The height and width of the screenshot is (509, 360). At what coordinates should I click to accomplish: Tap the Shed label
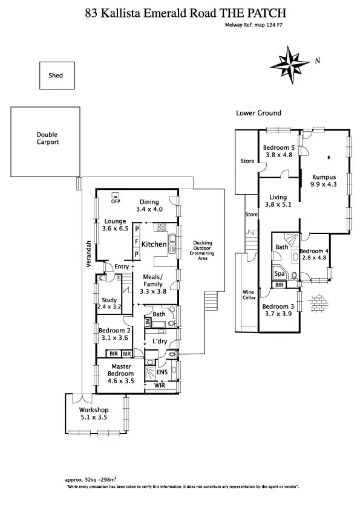(x=56, y=76)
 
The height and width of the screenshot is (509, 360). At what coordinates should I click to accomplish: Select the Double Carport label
(x=47, y=138)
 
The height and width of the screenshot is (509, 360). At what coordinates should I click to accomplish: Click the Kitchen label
(x=154, y=244)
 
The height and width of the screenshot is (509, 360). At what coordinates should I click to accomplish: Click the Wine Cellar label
(x=249, y=295)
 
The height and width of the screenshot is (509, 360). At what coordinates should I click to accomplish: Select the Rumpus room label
(x=324, y=177)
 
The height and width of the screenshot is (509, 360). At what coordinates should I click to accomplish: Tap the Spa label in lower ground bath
(x=280, y=274)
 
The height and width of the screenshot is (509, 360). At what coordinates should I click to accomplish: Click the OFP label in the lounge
(x=116, y=201)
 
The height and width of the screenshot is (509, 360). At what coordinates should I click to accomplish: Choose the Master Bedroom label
(x=121, y=369)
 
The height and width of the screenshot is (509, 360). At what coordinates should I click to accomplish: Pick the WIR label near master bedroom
(x=160, y=384)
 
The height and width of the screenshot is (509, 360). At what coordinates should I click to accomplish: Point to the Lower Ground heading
(x=258, y=113)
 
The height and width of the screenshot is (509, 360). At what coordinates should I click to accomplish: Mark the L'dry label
(x=160, y=342)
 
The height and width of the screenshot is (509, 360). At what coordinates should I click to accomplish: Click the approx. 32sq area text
(x=94, y=479)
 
